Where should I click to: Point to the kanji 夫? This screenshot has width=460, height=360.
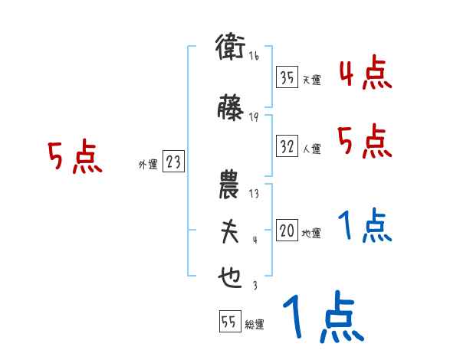tap(229, 232)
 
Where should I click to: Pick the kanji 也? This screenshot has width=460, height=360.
tap(229, 278)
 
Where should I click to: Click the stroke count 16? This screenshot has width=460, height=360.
tap(254, 57)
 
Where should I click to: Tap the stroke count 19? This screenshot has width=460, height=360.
tap(254, 116)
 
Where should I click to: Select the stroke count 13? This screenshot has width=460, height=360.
tap(254, 193)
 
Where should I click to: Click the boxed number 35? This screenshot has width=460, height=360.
tap(287, 77)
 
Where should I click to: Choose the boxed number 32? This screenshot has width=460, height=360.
tap(287, 146)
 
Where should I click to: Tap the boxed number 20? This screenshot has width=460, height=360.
tap(287, 230)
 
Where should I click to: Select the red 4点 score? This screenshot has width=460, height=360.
tap(365, 74)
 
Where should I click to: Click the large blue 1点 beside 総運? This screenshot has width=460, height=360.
tap(322, 319)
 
